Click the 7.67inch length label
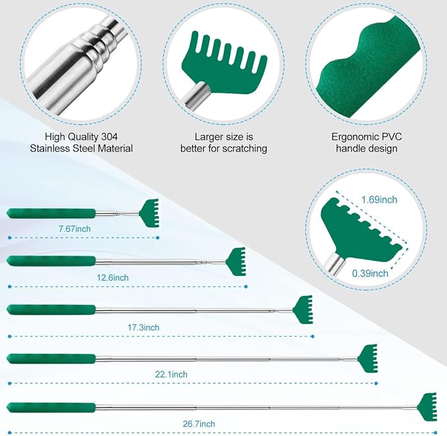(74, 229)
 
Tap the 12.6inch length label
(113, 277)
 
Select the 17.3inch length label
(143, 327)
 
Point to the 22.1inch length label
(171, 374)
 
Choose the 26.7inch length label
(199, 423)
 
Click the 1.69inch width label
(379, 200)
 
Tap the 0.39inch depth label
(370, 273)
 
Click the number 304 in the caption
(109, 136)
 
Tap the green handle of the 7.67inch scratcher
(51, 213)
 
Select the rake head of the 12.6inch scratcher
(236, 261)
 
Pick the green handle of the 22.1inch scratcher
(51, 359)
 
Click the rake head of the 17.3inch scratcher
(303, 310)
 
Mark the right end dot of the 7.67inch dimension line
(157, 238)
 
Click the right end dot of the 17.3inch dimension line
(313, 337)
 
